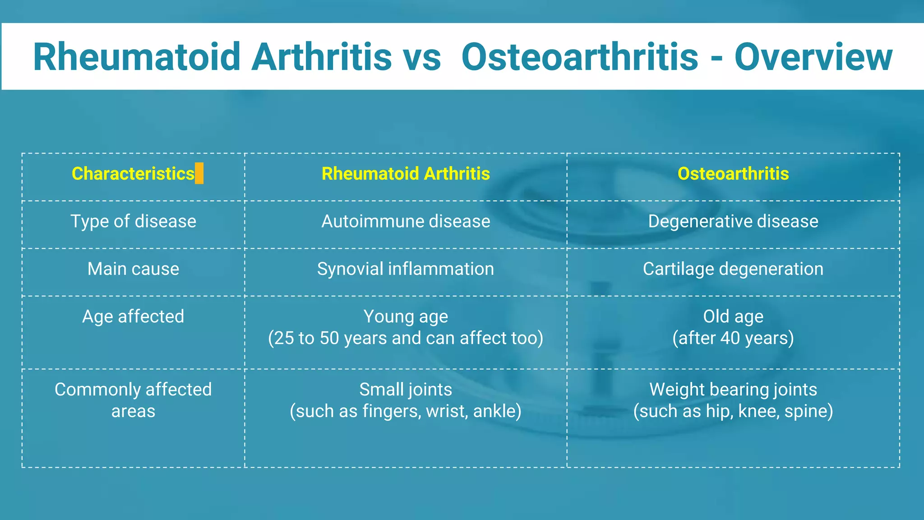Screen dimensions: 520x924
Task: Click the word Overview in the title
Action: pos(813,57)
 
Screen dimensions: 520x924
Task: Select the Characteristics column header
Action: pos(133,174)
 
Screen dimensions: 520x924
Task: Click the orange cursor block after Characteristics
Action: pos(199,174)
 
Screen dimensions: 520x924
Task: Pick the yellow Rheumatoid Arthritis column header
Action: pos(405,174)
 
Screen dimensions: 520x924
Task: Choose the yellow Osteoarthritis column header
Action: pos(733,174)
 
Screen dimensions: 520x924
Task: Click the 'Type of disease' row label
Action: pos(133,222)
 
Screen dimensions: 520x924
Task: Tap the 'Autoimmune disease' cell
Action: pos(405,222)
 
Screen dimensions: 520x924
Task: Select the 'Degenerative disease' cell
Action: pos(733,222)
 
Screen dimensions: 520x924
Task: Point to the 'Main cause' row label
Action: pos(133,269)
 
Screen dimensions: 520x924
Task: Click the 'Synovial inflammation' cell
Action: pos(405,269)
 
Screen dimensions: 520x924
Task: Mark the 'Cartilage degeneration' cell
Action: pos(733,269)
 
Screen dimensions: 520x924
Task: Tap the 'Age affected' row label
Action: pos(133,317)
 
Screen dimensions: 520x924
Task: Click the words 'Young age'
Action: pos(405,317)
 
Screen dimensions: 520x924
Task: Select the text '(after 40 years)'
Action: pos(733,338)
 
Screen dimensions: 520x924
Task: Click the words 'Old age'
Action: pos(733,317)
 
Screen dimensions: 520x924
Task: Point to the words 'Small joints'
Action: pos(405,390)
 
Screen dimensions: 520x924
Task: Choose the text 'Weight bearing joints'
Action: pos(733,390)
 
